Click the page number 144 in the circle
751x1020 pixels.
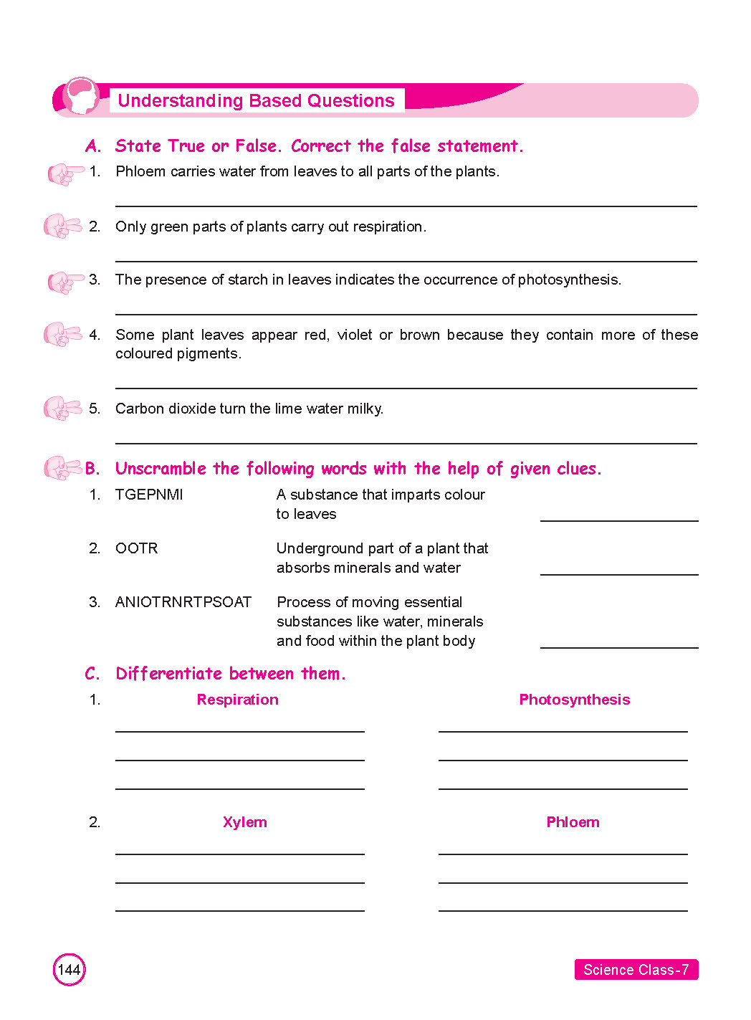point(69,970)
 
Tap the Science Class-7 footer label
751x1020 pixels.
point(636,970)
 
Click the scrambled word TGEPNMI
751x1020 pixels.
point(149,495)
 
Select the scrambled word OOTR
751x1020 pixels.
point(136,548)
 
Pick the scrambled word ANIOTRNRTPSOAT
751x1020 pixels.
point(183,602)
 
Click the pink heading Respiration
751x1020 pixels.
point(237,700)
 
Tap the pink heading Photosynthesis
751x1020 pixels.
point(574,700)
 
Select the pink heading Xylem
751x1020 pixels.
point(244,822)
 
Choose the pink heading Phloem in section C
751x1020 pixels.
point(573,822)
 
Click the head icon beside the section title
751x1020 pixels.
point(80,97)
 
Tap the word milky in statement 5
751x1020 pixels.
point(365,409)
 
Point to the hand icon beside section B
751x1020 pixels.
point(63,468)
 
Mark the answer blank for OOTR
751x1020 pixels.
point(619,573)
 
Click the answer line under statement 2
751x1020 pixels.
point(406,260)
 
